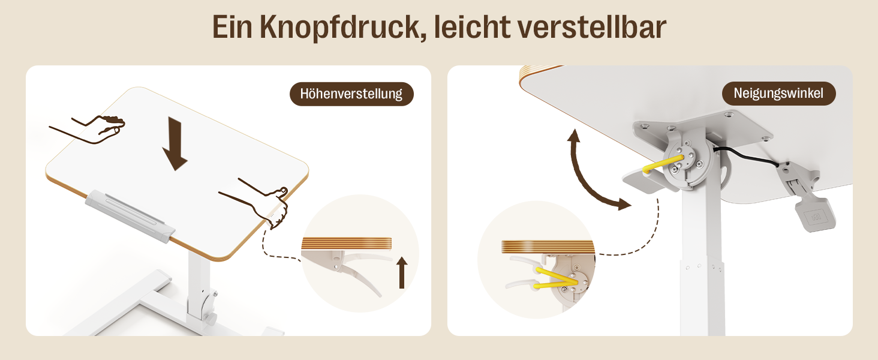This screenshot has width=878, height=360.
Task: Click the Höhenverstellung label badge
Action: [x=351, y=94]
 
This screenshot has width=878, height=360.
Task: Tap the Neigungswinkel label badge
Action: [x=778, y=94]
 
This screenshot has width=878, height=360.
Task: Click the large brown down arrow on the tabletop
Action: [x=175, y=143]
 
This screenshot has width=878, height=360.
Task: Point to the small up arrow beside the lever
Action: [x=402, y=272]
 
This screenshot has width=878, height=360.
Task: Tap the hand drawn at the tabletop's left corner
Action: [x=88, y=128]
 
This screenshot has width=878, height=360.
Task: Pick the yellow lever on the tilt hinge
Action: [x=663, y=164]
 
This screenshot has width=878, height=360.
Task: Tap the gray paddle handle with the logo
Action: [x=815, y=215]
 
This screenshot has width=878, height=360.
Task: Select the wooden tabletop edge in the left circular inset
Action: [x=347, y=243]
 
